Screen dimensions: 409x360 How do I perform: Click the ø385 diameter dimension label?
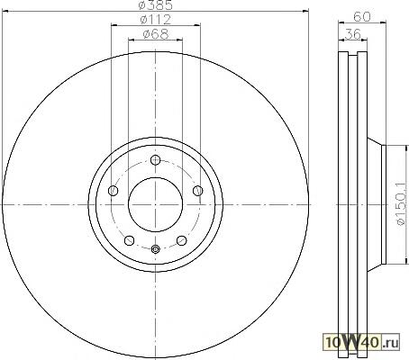(x=156, y=5)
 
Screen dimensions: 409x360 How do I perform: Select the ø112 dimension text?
(x=156, y=20)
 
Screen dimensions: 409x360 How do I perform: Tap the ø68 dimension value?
(x=156, y=33)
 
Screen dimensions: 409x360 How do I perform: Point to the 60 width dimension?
(x=362, y=17)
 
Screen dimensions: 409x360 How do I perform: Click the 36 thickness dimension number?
(x=352, y=34)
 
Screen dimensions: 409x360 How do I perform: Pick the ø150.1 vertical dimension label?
(x=402, y=204)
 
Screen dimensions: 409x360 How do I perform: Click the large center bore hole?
(x=155, y=204)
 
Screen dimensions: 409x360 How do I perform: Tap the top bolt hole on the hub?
(x=155, y=160)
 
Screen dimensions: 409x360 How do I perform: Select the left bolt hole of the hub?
(x=113, y=191)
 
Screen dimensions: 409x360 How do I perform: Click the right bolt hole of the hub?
(x=197, y=191)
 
